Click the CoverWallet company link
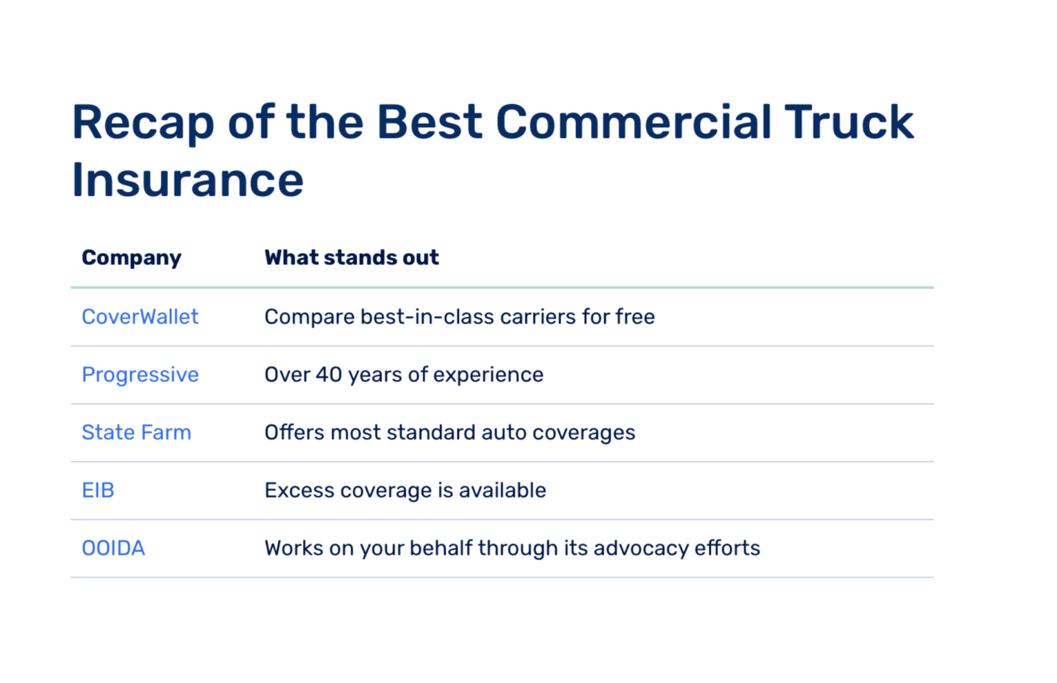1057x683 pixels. click(x=140, y=317)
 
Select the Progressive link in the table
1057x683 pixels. click(x=140, y=375)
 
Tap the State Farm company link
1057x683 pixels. click(x=136, y=433)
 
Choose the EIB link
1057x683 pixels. click(x=98, y=490)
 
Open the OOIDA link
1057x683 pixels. click(x=113, y=548)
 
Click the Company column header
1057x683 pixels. click(x=131, y=258)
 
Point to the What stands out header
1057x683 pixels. click(x=351, y=258)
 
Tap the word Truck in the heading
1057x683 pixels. click(x=848, y=122)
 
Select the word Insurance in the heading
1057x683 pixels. click(x=187, y=180)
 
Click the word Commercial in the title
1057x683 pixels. click(x=633, y=122)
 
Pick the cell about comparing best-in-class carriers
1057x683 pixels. click(x=459, y=317)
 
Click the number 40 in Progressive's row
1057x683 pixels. click(x=328, y=375)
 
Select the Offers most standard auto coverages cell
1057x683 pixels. click(x=449, y=433)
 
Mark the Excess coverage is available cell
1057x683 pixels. click(x=405, y=490)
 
